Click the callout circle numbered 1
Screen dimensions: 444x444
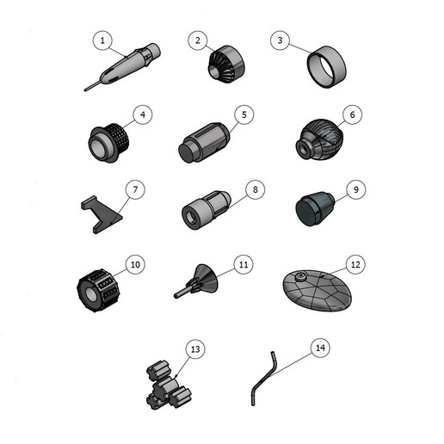(103, 40)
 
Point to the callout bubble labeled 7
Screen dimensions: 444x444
(133, 188)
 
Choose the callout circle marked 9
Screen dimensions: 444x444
(353, 188)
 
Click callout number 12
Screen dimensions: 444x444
(354, 263)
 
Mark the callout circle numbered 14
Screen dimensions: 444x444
(319, 348)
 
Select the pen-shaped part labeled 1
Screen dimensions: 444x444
(125, 67)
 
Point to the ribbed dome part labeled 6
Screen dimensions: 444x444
(319, 139)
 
